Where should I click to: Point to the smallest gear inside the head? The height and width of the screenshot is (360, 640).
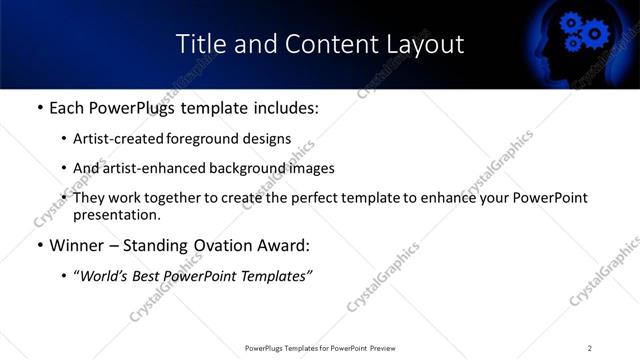tap(573, 43)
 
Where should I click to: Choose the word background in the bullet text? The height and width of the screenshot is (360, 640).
tap(239, 168)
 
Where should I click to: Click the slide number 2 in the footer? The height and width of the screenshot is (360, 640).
tap(590, 348)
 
